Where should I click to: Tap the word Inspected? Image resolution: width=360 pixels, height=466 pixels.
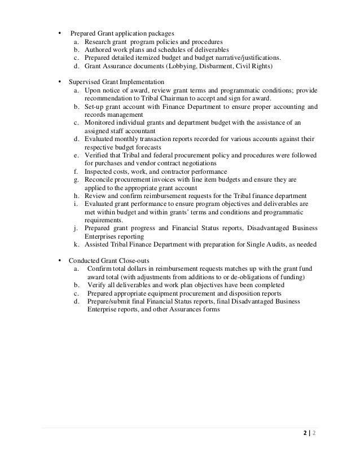coord(101,172)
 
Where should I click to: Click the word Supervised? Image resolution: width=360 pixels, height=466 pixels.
coord(85,82)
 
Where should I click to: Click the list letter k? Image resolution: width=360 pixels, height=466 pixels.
coord(76,244)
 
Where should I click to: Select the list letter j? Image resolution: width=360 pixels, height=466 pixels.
coord(76,228)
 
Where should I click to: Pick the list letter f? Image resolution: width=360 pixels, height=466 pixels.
coord(76,172)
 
